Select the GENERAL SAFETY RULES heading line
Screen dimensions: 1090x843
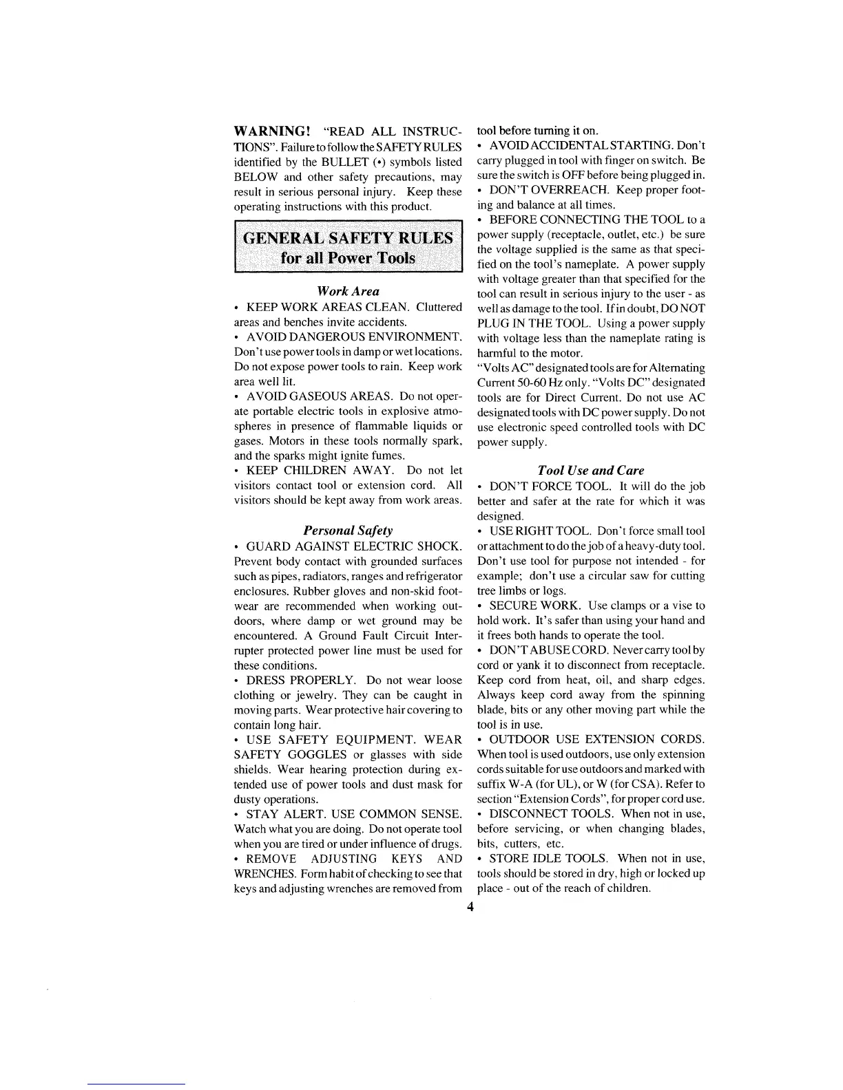(x=348, y=239)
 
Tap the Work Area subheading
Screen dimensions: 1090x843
(x=348, y=291)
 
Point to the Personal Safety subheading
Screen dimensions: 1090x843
(x=348, y=531)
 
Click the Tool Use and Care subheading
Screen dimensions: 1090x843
(x=591, y=471)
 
